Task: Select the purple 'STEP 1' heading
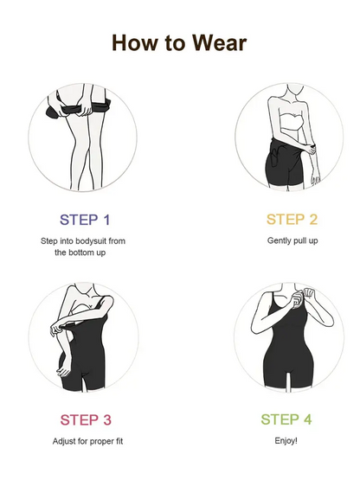tap(85, 220)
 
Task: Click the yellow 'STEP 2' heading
tap(292, 220)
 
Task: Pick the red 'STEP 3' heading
tap(85, 420)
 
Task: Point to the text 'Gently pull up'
tap(292, 240)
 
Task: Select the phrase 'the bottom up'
tap(85, 253)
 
